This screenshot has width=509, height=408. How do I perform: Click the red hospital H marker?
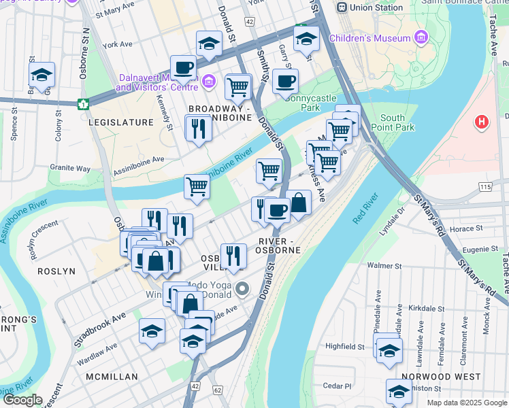[482, 123]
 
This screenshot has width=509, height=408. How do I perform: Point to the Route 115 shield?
[485, 186]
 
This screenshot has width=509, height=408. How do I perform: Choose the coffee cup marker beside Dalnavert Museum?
[183, 68]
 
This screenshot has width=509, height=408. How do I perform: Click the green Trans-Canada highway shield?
[83, 104]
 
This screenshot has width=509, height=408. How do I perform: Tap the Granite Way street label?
[70, 167]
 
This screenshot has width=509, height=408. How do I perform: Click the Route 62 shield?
[217, 390]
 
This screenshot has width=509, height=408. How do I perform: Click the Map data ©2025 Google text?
[467, 403]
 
